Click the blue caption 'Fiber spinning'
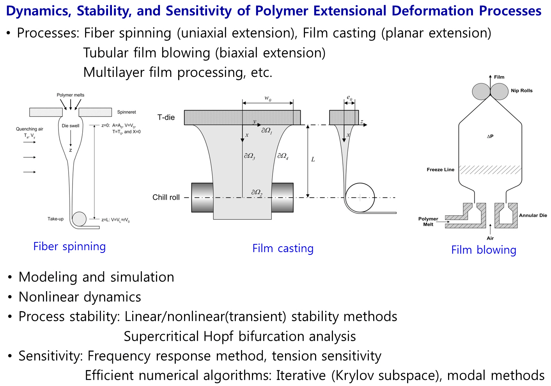(x=69, y=247)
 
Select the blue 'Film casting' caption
(x=283, y=249)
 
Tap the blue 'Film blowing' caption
(x=484, y=250)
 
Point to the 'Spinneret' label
(x=126, y=112)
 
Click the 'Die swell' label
(x=71, y=126)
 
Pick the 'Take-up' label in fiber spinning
(x=55, y=219)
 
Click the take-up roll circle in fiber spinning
(x=80, y=219)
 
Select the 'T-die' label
(x=166, y=117)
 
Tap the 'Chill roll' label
(x=166, y=197)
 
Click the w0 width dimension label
(x=268, y=98)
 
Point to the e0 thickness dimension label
(x=349, y=98)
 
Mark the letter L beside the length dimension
(x=313, y=159)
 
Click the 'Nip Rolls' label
(x=521, y=91)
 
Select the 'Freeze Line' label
(x=440, y=170)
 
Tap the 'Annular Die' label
(x=533, y=215)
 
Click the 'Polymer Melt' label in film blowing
(x=428, y=222)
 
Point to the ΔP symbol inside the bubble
(x=490, y=136)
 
